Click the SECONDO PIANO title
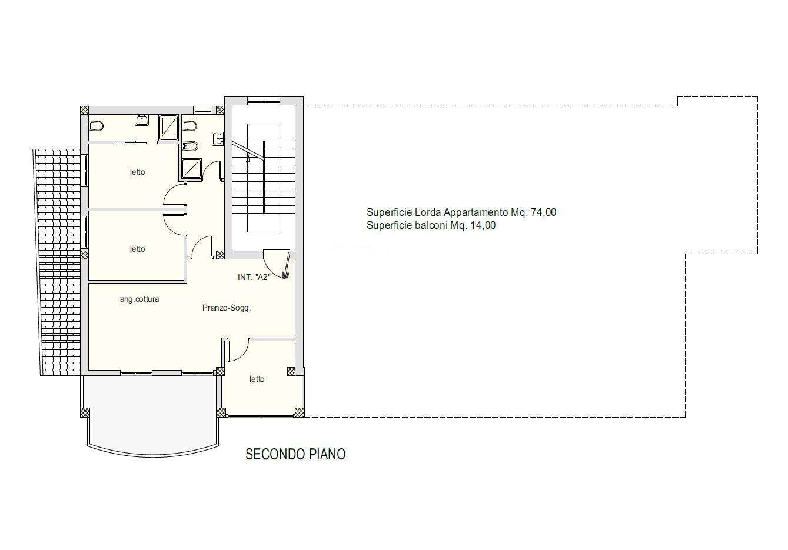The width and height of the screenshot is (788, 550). click(x=295, y=454)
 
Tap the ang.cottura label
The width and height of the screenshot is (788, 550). click(x=139, y=299)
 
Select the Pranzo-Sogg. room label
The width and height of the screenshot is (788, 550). click(x=227, y=308)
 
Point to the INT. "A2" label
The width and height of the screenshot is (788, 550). click(x=254, y=277)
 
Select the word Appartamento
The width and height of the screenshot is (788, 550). click(x=476, y=212)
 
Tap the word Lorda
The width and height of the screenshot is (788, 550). click(x=427, y=212)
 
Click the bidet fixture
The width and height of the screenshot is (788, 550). click(x=190, y=146)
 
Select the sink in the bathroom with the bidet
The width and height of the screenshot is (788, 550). click(x=218, y=139)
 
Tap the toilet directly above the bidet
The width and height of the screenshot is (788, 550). click(x=189, y=126)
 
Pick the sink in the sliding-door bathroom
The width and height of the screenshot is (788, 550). click(x=142, y=119)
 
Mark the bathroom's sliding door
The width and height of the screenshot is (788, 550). click(x=131, y=142)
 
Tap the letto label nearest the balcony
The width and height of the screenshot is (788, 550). click(x=257, y=379)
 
